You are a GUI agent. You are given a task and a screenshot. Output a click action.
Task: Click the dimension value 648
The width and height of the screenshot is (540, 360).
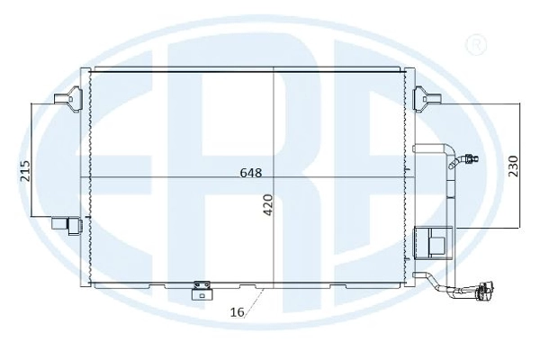click(x=251, y=173)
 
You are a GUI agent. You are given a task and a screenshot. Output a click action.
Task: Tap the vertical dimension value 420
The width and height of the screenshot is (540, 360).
click(x=268, y=205)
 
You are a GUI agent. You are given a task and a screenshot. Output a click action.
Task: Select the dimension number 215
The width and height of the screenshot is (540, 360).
click(x=25, y=170)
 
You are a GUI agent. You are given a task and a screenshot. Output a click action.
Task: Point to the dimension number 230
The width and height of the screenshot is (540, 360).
click(x=513, y=166)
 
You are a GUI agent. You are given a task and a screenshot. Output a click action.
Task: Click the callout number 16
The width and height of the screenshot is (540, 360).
click(x=237, y=312)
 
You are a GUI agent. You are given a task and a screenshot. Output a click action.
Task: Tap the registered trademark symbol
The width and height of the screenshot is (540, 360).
click(x=476, y=44)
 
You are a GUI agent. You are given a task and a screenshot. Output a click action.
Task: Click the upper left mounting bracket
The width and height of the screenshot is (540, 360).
click(x=68, y=98)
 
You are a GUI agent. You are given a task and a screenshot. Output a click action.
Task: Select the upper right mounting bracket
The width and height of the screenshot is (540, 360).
click(x=427, y=99)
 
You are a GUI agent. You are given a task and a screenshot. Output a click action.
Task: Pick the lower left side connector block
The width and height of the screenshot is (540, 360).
click(x=67, y=225)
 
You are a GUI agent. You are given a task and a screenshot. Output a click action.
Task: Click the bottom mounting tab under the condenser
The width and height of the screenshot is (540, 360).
click(x=202, y=290)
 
